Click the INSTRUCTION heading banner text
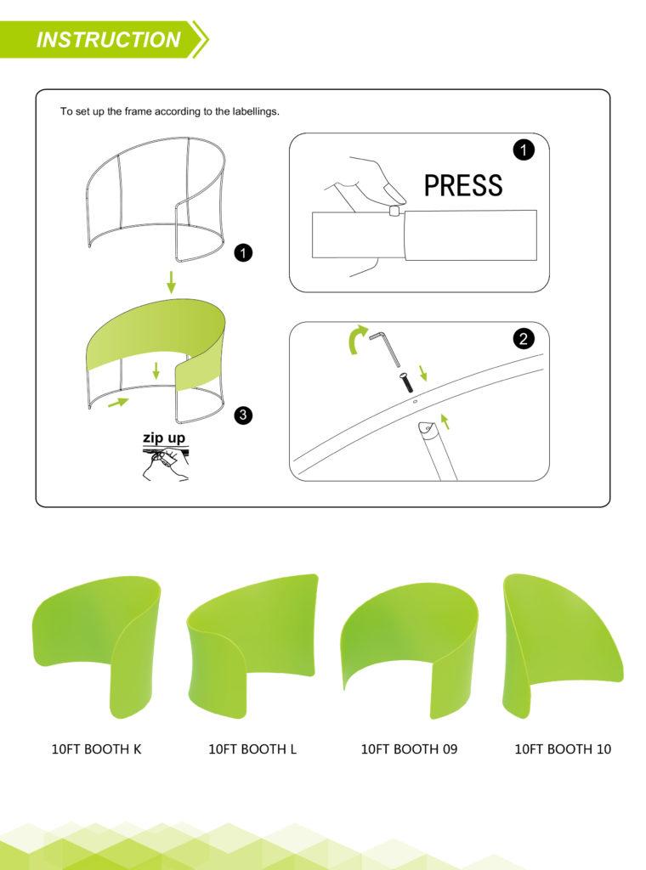(x=108, y=39)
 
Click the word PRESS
(x=463, y=185)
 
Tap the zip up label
(x=164, y=438)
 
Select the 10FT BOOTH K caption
(x=97, y=749)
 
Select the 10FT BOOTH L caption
(x=252, y=749)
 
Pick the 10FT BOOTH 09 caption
(x=409, y=749)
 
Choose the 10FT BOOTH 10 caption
(x=563, y=749)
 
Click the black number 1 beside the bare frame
(x=243, y=253)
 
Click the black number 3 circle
(x=243, y=415)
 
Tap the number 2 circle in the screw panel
(x=524, y=338)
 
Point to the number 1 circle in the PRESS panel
(x=524, y=150)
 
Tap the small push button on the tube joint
(x=395, y=211)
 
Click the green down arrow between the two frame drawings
(x=171, y=282)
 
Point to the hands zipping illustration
(x=166, y=465)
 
